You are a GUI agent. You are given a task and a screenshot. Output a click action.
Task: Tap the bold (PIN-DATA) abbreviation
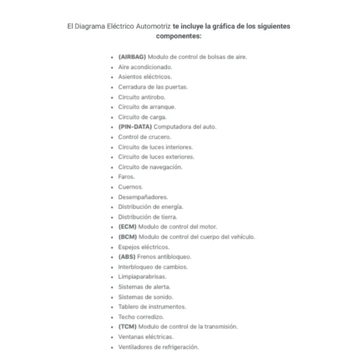click(135, 127)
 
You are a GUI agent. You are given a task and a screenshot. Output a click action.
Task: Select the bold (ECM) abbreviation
click(127, 227)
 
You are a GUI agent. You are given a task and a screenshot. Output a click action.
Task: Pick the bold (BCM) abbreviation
click(127, 237)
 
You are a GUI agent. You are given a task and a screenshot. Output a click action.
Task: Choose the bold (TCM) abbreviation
click(127, 327)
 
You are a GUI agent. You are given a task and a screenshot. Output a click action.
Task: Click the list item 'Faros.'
click(127, 177)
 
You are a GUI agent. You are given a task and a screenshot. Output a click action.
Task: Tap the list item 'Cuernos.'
click(130, 187)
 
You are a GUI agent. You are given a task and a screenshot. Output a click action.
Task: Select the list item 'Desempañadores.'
click(143, 197)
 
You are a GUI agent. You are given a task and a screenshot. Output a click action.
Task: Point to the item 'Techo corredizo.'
click(141, 317)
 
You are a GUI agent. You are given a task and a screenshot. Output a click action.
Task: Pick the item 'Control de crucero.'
click(145, 137)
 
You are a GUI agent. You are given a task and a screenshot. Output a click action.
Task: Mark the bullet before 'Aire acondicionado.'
click(112, 67)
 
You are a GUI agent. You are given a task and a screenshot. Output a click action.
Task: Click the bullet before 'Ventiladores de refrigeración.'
click(112, 347)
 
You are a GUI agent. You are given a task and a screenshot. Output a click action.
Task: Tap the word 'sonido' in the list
click(161, 297)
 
